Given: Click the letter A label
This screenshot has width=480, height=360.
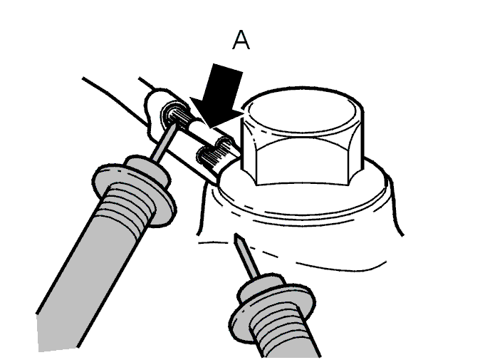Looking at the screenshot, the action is tap(241, 41).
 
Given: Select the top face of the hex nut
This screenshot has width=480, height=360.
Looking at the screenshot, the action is tap(301, 111).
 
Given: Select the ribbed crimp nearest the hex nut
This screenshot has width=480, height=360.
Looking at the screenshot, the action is tap(214, 156).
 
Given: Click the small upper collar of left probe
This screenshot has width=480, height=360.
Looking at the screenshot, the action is tap(148, 170).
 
